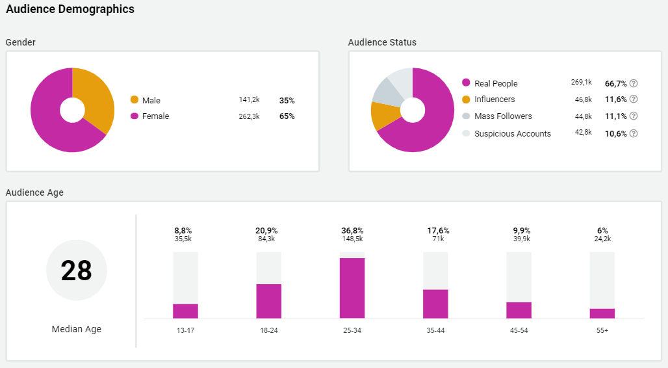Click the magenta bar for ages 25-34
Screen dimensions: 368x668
pyautogui.click(x=352, y=288)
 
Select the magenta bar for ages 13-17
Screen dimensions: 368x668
pyautogui.click(x=185, y=311)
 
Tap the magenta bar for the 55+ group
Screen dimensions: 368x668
pyautogui.click(x=602, y=313)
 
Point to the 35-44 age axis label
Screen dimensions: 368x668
pyautogui.click(x=435, y=330)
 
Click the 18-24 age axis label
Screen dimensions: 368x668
pyautogui.click(x=269, y=330)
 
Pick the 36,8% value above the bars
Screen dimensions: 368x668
pyautogui.click(x=352, y=231)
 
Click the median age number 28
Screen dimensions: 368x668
pyautogui.click(x=77, y=270)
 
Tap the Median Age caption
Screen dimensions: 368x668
pyautogui.click(x=77, y=329)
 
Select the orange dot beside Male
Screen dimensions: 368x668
pyautogui.click(x=135, y=100)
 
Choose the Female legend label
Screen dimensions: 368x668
pyautogui.click(x=155, y=116)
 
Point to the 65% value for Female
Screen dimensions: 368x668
pyautogui.click(x=287, y=116)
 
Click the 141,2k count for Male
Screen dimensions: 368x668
pyautogui.click(x=249, y=100)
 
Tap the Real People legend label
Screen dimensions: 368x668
pyautogui.click(x=496, y=83)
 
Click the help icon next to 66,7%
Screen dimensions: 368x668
pyautogui.click(x=634, y=83)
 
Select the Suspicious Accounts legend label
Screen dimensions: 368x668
pyautogui.click(x=512, y=133)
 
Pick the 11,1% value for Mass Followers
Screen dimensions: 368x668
pyautogui.click(x=615, y=116)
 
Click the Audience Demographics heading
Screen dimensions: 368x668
pyautogui.click(x=70, y=9)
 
